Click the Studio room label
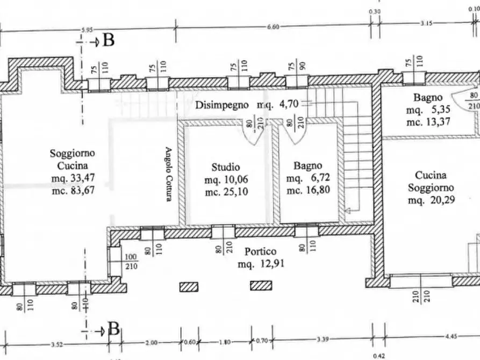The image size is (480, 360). pyautogui.click(x=226, y=167)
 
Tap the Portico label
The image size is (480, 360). pyautogui.click(x=261, y=251)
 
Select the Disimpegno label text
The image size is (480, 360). pyautogui.click(x=222, y=105)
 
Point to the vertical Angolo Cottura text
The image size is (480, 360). pyautogui.click(x=169, y=174)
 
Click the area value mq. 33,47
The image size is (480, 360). pyautogui.click(x=73, y=178)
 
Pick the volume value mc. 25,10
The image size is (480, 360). pyautogui.click(x=226, y=192)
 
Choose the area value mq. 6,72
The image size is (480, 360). pyautogui.click(x=308, y=178)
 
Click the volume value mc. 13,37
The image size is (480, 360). pyautogui.click(x=428, y=122)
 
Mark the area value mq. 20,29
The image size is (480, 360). pyautogui.click(x=431, y=200)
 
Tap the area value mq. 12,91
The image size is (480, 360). pyautogui.click(x=261, y=264)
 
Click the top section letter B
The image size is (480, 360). pyautogui.click(x=109, y=40)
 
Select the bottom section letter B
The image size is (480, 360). pyautogui.click(x=113, y=329)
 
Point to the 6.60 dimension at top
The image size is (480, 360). pyautogui.click(x=273, y=27)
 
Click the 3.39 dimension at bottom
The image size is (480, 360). pyautogui.click(x=323, y=339)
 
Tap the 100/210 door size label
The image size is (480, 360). pyautogui.click(x=131, y=262)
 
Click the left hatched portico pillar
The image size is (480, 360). pyautogui.click(x=189, y=287)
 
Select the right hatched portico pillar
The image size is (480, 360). pyautogui.click(x=261, y=286)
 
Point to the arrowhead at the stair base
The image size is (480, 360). pyautogui.click(x=348, y=210)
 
